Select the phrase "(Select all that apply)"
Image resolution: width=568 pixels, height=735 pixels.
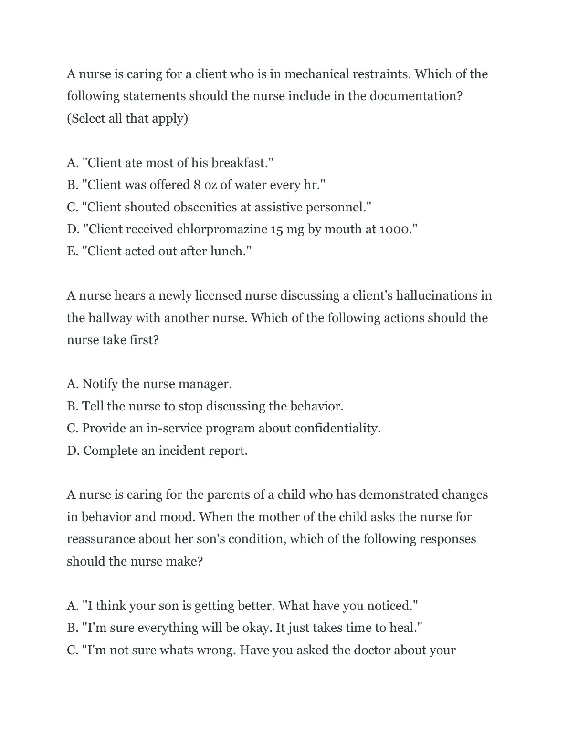click(127, 118)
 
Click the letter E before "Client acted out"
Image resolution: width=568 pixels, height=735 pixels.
click(72, 251)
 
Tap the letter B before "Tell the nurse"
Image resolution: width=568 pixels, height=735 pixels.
click(72, 406)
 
